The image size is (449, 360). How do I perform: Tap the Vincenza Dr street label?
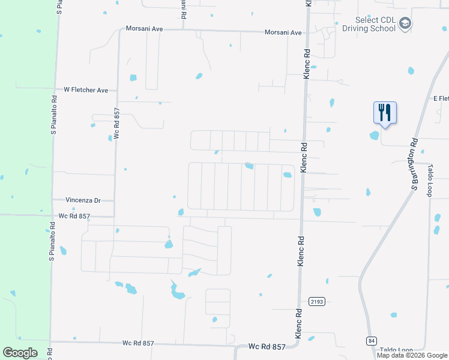pyautogui.click(x=83, y=200)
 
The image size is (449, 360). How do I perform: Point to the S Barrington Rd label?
pyautogui.click(x=414, y=164)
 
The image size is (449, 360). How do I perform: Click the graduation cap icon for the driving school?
pyautogui.click(x=405, y=23)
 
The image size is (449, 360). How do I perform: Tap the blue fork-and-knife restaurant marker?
pyautogui.click(x=384, y=112)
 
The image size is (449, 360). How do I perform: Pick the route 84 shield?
pyautogui.click(x=372, y=341)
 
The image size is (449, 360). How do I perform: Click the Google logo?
pyautogui.click(x=20, y=352)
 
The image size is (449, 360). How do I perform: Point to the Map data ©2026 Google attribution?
pyautogui.click(x=412, y=355)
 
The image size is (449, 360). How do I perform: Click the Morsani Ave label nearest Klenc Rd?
pyautogui.click(x=283, y=32)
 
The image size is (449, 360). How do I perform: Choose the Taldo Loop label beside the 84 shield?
pyautogui.click(x=396, y=349)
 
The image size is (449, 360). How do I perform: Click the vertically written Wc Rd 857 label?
pyautogui.click(x=117, y=124)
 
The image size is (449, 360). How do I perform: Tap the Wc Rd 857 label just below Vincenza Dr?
pyautogui.click(x=74, y=215)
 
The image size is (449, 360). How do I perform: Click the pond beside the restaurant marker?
pyautogui.click(x=375, y=135)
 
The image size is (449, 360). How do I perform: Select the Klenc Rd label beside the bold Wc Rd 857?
pyautogui.click(x=298, y=327)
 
